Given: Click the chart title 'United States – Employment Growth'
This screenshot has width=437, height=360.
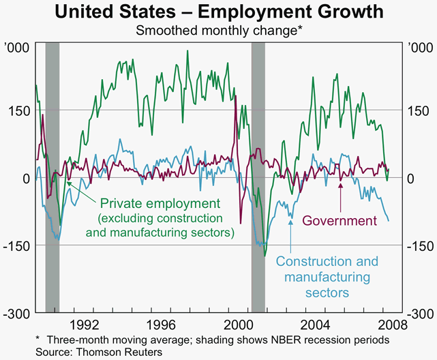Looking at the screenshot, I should pyautogui.click(x=219, y=12).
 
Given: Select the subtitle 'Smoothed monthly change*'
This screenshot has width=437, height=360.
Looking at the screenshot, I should pyautogui.click(x=218, y=30).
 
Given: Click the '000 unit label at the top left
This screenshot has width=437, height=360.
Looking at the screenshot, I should pyautogui.click(x=16, y=48).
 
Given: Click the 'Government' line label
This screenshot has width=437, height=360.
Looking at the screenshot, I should pyautogui.click(x=340, y=221).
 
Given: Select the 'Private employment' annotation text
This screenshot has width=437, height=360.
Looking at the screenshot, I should pyautogui.click(x=161, y=203).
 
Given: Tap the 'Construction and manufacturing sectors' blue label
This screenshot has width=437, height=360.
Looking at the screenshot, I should pyautogui.click(x=327, y=277).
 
